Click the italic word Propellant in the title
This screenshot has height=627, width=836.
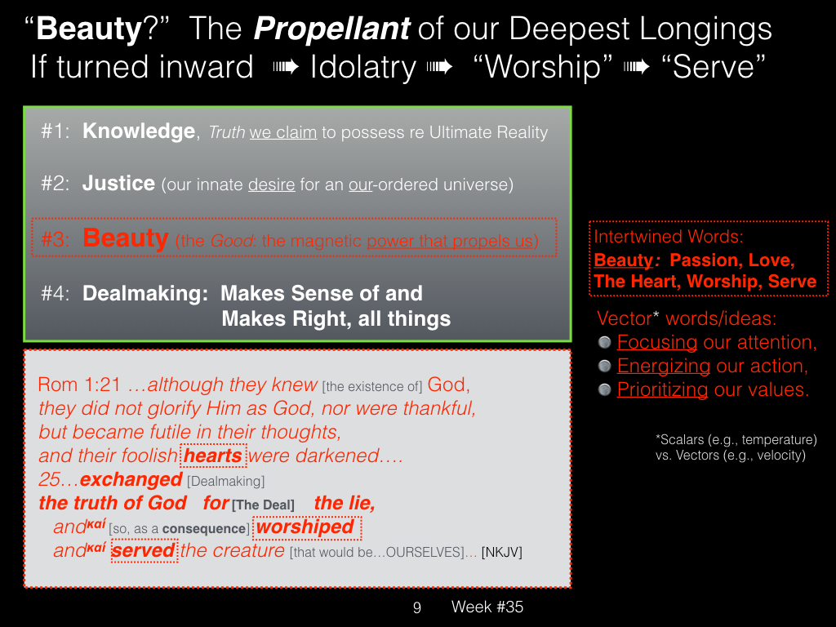click(331, 30)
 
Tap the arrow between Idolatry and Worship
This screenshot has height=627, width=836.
click(440, 67)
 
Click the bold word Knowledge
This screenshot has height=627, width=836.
click(139, 131)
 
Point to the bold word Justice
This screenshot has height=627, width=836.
click(118, 184)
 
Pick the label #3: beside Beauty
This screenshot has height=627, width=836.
click(55, 240)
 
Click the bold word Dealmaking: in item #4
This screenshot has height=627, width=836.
click(145, 293)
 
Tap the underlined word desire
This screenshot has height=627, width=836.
click(271, 185)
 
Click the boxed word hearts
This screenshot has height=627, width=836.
click(213, 456)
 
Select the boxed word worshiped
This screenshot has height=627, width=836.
click(306, 527)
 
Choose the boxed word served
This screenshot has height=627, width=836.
click(144, 551)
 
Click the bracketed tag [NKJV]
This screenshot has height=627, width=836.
click(502, 553)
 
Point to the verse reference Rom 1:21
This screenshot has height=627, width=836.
click(79, 385)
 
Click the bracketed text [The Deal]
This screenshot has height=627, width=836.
click(264, 505)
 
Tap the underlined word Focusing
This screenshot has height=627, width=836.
click(657, 342)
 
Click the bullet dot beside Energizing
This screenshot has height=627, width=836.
click(604, 367)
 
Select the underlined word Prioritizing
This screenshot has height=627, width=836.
click(662, 389)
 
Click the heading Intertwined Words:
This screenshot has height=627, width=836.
click(669, 237)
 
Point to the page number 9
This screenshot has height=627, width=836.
click(417, 607)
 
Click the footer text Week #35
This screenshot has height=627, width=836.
click(487, 607)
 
